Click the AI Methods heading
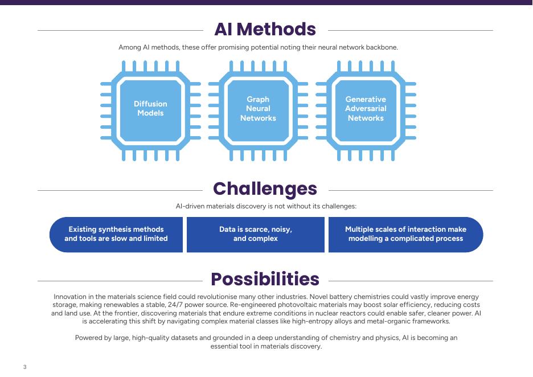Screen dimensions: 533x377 (x=265, y=29)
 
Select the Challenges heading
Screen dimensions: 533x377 (x=265, y=188)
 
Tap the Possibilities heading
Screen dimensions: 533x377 (x=265, y=279)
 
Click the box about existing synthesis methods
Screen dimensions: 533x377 (x=116, y=234)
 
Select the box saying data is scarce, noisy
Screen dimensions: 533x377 (x=256, y=234)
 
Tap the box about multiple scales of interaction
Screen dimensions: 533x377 (x=405, y=234)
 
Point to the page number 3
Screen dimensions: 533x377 (x=24, y=367)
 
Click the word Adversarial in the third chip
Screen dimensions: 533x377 (x=366, y=109)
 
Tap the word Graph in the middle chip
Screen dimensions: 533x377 (x=258, y=99)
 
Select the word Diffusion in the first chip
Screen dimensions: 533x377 (x=150, y=104)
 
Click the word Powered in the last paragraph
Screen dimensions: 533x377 (x=90, y=338)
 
